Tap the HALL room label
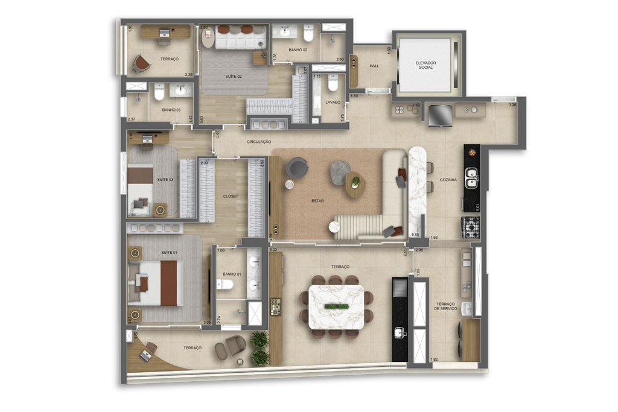point(374,66)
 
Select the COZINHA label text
point(448,180)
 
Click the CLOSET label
point(231,196)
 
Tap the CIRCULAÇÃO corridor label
point(258,142)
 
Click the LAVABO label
point(333,103)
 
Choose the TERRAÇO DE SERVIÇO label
point(447,306)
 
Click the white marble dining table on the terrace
point(336,306)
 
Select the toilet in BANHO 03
point(159,92)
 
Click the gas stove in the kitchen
point(471,227)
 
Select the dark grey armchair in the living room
point(296,167)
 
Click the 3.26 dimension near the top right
point(512,105)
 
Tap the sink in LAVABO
point(333,84)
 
